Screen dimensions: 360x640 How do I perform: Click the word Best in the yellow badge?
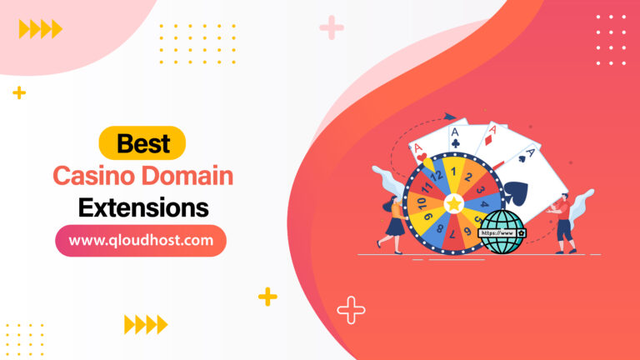tap(142, 143)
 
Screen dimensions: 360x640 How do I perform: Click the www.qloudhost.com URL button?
tap(141, 241)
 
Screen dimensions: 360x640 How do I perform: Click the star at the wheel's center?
tap(453, 202)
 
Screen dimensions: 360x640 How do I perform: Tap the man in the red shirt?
tap(565, 222)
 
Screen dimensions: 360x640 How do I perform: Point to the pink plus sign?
tap(332, 27)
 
